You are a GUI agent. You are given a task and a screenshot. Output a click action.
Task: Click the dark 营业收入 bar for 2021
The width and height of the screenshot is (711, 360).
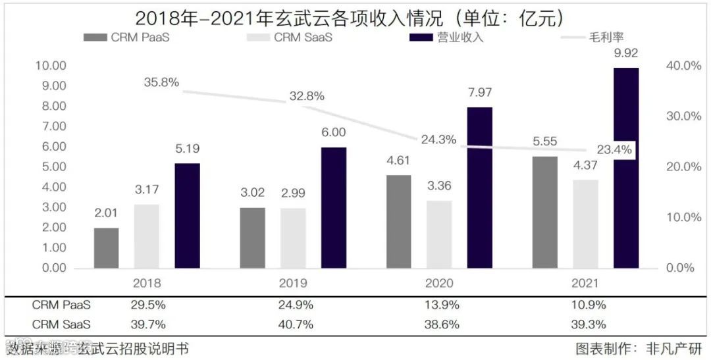pyautogui.click(x=626, y=168)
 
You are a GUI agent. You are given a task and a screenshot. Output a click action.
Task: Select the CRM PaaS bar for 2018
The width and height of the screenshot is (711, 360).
pyautogui.click(x=107, y=248)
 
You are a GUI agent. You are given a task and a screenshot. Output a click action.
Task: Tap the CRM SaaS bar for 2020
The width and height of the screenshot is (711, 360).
pyautogui.click(x=439, y=234)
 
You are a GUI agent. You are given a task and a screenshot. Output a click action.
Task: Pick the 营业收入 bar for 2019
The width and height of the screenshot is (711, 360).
pyautogui.click(x=333, y=207)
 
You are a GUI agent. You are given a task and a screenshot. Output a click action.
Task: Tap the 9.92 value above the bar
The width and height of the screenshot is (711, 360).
pyautogui.click(x=626, y=53)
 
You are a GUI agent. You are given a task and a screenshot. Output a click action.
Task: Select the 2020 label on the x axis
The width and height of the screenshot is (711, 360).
pyautogui.click(x=439, y=284)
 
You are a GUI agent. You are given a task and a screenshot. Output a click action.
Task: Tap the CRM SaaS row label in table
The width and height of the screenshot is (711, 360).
pyautogui.click(x=61, y=324)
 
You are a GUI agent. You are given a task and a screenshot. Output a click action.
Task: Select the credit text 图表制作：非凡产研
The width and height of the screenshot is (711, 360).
pyautogui.click(x=639, y=348)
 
